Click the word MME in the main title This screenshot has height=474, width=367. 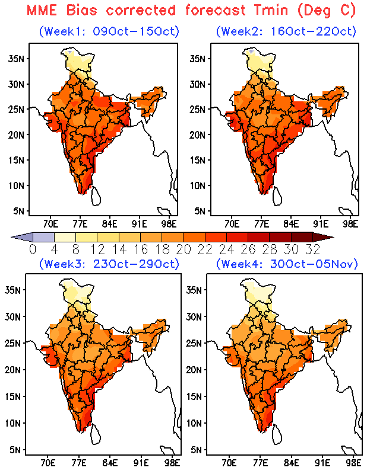click(x=42, y=10)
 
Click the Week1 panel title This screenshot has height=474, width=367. click(x=109, y=31)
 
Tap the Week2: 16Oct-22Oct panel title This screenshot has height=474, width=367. click(x=286, y=31)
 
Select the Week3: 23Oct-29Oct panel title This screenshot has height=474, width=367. click(x=109, y=264)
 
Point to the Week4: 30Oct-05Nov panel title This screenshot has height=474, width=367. click(x=287, y=264)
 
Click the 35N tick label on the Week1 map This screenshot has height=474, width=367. click(x=17, y=59)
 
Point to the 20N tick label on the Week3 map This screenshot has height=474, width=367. click(x=12, y=370)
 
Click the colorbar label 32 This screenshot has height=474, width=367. click(x=313, y=249)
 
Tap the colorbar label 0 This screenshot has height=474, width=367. click(x=33, y=249)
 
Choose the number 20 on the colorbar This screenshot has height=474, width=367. click(x=183, y=249)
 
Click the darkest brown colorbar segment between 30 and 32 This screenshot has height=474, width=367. click(x=302, y=237)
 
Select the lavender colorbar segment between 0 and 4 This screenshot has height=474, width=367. click(x=43, y=237)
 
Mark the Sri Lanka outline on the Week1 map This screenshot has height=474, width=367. click(x=96, y=196)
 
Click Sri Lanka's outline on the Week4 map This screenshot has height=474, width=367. click(x=277, y=434)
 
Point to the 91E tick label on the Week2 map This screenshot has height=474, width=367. click(x=321, y=224)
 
